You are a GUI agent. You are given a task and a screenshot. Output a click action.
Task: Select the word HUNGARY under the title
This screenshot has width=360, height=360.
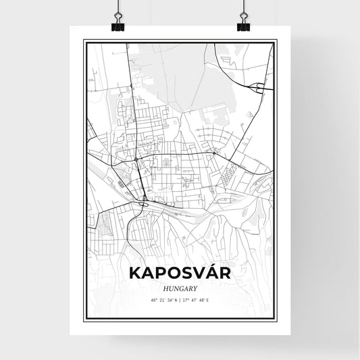pos(180,287)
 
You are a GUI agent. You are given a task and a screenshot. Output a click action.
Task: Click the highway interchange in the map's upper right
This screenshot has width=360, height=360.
pos(259,86)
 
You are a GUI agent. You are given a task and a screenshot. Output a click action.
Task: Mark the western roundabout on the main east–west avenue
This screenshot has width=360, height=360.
pos(136,159)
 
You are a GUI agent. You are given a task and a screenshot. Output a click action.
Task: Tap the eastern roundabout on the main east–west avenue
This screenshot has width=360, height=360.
pos(213,153)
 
